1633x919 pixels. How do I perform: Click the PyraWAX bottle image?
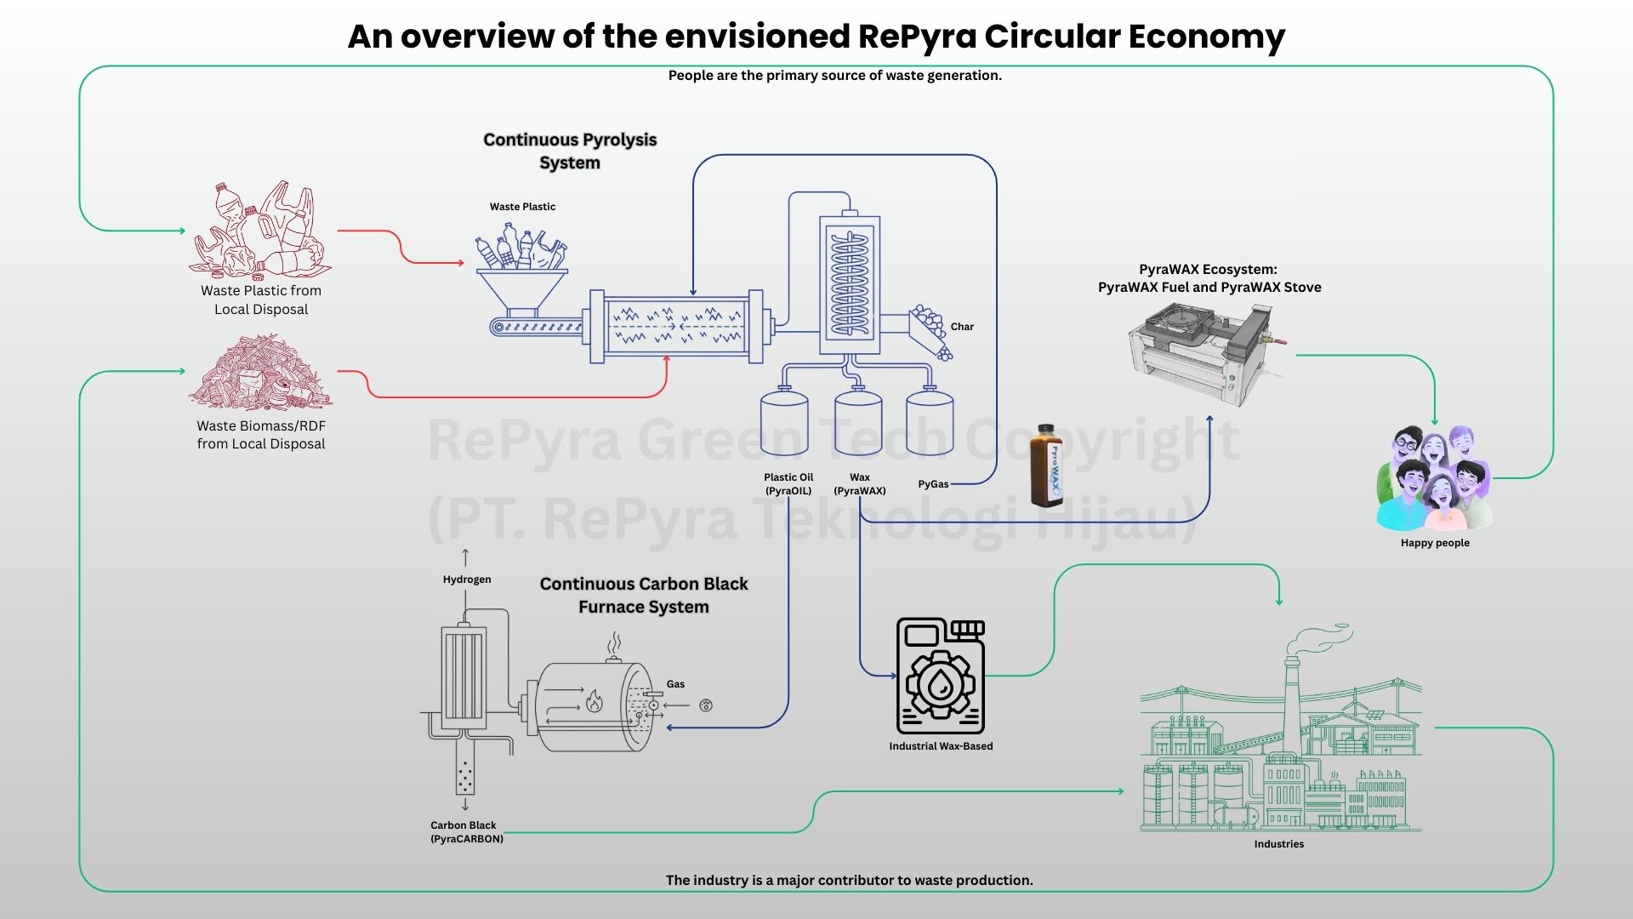1046,465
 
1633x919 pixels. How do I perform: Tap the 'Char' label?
962,327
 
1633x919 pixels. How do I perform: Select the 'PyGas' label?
933,484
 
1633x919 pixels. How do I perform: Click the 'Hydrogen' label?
467,579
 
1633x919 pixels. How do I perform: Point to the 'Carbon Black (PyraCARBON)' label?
466,832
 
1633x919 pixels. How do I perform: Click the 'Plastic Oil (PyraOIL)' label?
788,484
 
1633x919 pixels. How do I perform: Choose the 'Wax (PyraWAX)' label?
860,484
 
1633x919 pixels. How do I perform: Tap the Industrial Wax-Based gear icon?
940,676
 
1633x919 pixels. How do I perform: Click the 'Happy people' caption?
1435,543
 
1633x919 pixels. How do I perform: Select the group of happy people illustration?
1434,478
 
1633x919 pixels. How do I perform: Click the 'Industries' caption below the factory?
1278,844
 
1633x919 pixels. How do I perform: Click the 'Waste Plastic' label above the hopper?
522,207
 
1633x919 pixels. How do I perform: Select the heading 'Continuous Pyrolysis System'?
570,151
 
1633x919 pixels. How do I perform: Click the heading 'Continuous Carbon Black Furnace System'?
644,596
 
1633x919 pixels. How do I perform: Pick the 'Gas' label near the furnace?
675,684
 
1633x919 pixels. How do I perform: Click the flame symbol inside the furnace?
595,701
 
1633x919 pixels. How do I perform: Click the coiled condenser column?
849,284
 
